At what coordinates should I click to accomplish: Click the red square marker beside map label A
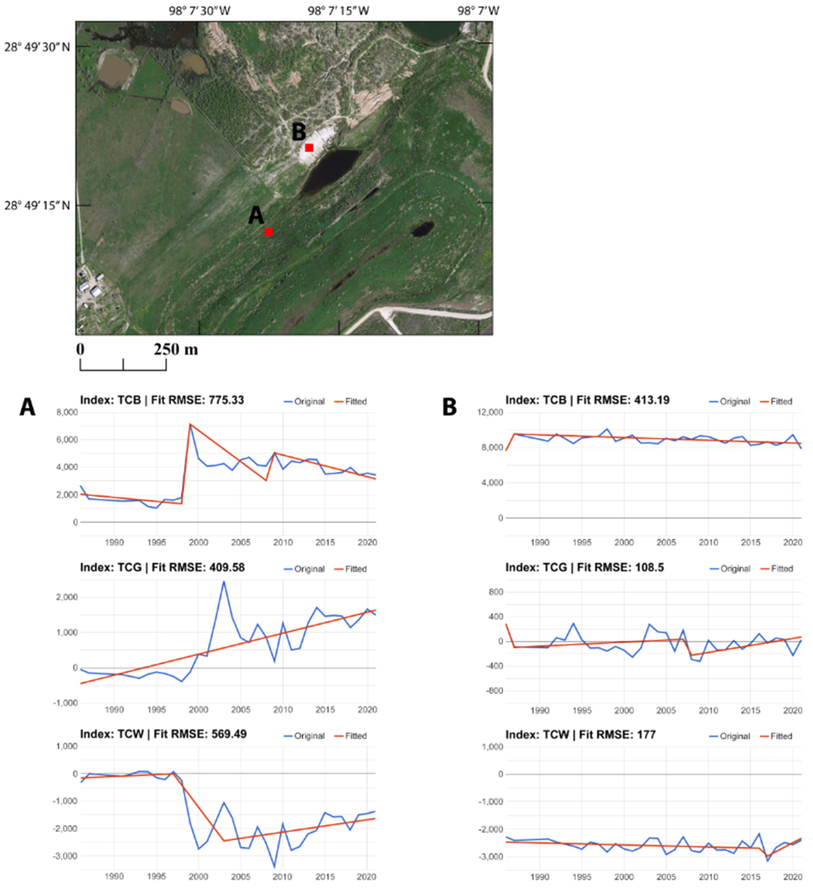pos(268,232)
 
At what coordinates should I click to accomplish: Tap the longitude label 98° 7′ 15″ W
pos(338,11)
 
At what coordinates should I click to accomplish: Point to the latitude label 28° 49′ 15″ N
pos(37,206)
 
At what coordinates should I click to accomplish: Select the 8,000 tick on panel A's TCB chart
pos(67,412)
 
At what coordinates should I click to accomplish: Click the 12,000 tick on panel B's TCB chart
pos(490,412)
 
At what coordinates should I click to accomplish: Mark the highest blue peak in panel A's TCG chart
pos(223,582)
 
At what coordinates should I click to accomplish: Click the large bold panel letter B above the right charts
pos(449,407)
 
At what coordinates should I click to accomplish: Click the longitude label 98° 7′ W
pos(478,11)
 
